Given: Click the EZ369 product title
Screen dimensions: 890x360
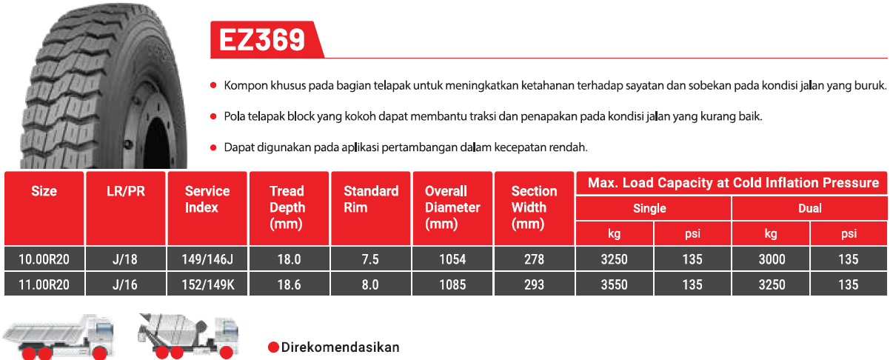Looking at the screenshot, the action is pyautogui.click(x=262, y=40).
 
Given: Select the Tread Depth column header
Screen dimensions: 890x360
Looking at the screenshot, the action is pyautogui.click(x=287, y=207).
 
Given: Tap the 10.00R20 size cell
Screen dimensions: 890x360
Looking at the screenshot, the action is pyautogui.click(x=44, y=259).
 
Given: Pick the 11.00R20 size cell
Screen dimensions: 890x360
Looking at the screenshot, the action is pyautogui.click(x=44, y=285).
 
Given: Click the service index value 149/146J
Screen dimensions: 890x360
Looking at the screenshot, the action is pyautogui.click(x=207, y=259).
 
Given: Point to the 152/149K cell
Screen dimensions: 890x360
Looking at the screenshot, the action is pyautogui.click(x=208, y=285).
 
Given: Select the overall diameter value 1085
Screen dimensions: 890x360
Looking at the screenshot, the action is pyautogui.click(x=452, y=285).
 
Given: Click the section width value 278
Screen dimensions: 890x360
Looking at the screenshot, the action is pyautogui.click(x=534, y=259).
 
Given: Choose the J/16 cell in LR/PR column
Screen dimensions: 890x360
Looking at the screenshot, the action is pyautogui.click(x=124, y=285).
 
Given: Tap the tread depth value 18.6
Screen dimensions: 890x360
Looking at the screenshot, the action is pyautogui.click(x=289, y=285).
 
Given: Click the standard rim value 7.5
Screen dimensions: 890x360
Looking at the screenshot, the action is pyautogui.click(x=370, y=259).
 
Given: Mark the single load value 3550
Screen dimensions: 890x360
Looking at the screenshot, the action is pyautogui.click(x=614, y=285).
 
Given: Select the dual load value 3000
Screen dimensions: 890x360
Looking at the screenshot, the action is pyautogui.click(x=772, y=259).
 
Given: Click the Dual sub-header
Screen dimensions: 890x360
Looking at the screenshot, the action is pyautogui.click(x=810, y=208).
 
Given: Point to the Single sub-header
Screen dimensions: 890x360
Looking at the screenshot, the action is pyautogui.click(x=649, y=208).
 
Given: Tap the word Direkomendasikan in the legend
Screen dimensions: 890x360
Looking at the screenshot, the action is pyautogui.click(x=340, y=347).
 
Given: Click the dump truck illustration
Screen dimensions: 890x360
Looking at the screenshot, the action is pyautogui.click(x=59, y=337).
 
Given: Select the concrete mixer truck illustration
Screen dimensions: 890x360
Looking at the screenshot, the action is pyautogui.click(x=188, y=336).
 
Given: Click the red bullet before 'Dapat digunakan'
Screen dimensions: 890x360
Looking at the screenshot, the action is pyautogui.click(x=213, y=148).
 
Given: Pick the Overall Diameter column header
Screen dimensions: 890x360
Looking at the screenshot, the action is pyautogui.click(x=452, y=207).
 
